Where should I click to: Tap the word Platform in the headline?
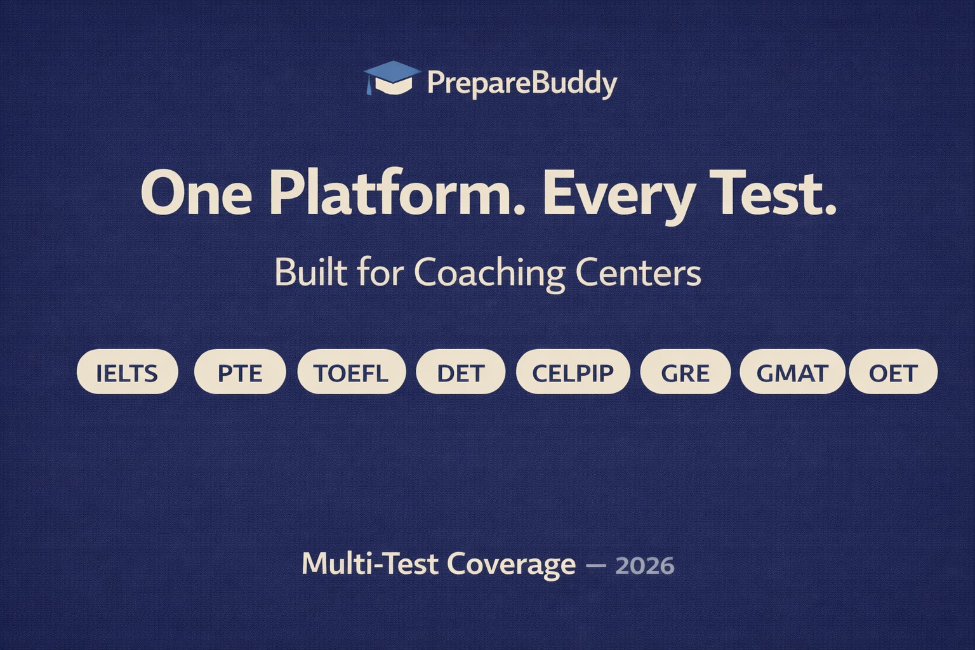click(397, 193)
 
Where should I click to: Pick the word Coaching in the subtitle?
click(489, 274)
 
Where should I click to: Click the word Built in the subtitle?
click(310, 272)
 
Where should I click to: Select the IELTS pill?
click(127, 372)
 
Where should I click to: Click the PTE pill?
click(240, 372)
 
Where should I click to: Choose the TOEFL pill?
click(351, 372)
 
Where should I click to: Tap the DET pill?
click(461, 372)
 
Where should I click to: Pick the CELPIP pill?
click(573, 372)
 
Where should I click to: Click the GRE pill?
click(686, 372)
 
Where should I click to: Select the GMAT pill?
click(792, 372)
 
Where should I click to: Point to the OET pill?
click(893, 372)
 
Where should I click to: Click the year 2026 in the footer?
click(645, 565)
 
